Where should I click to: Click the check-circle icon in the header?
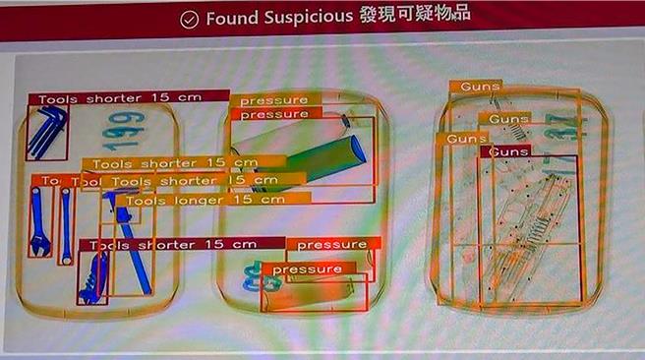point(190,19)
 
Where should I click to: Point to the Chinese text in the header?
point(416,17)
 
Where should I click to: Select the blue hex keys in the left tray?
point(46,131)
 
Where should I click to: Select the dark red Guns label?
point(508,151)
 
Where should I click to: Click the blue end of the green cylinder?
point(357,150)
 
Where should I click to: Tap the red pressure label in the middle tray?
point(332,244)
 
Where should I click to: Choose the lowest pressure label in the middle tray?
point(307,269)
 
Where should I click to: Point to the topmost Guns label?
point(476,87)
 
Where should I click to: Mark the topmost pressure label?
point(272,100)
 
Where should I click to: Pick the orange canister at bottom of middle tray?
point(315,293)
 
